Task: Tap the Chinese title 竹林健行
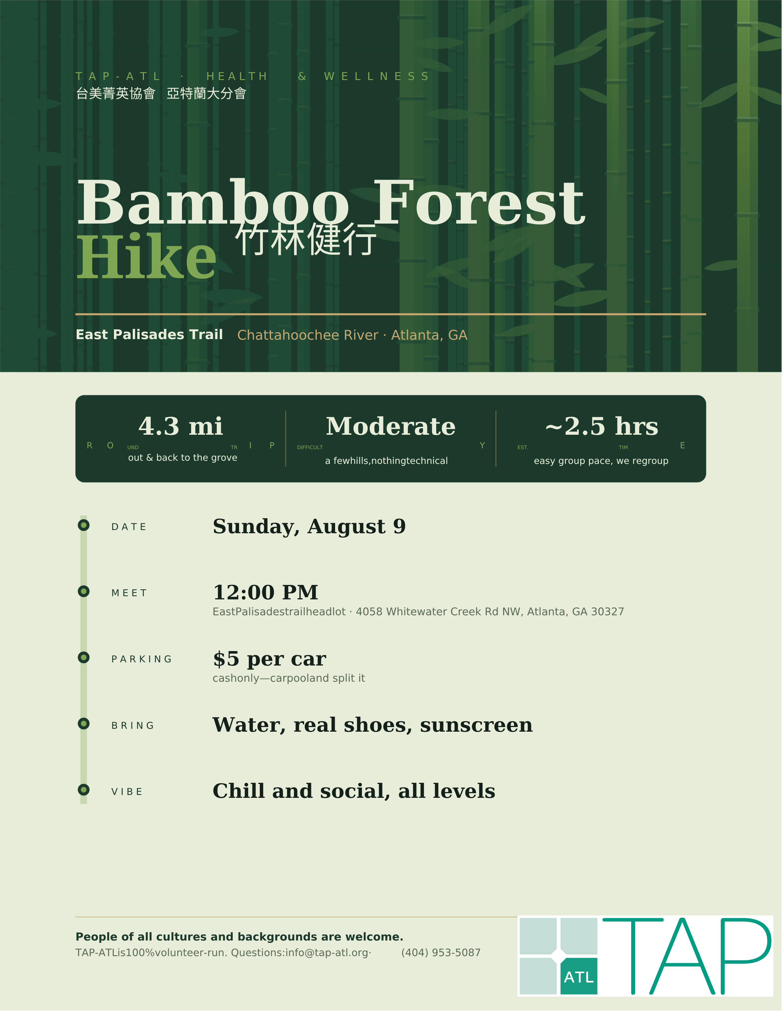click(306, 239)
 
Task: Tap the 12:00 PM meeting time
click(265, 592)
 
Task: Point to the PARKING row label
click(141, 659)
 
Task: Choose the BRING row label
click(132, 725)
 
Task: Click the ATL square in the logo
click(579, 977)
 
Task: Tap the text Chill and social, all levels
click(354, 791)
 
